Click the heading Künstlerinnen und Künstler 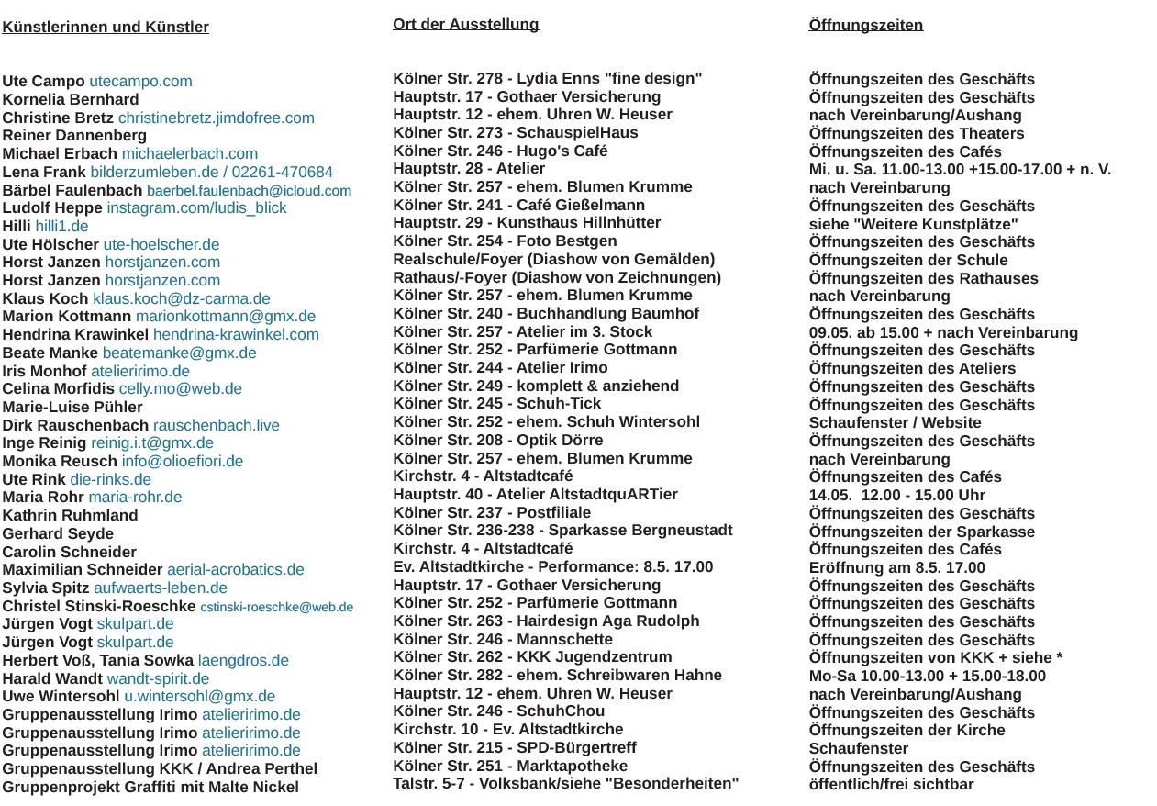point(106,28)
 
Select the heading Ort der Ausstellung point(465,25)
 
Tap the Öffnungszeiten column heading point(865,25)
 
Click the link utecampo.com point(140,82)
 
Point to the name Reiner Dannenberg point(74,136)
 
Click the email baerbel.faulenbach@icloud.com point(249,191)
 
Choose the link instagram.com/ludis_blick point(196,208)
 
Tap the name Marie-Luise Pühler point(72,408)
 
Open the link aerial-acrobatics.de point(235,570)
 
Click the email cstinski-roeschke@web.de point(276,607)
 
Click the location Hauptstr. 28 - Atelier point(469,169)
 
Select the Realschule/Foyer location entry point(553,260)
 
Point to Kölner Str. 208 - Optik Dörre point(498,441)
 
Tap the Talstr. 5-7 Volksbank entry point(565,784)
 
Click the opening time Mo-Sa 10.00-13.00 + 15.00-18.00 point(927,677)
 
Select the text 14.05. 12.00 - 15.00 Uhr point(896,496)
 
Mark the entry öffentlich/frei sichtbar point(891,785)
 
